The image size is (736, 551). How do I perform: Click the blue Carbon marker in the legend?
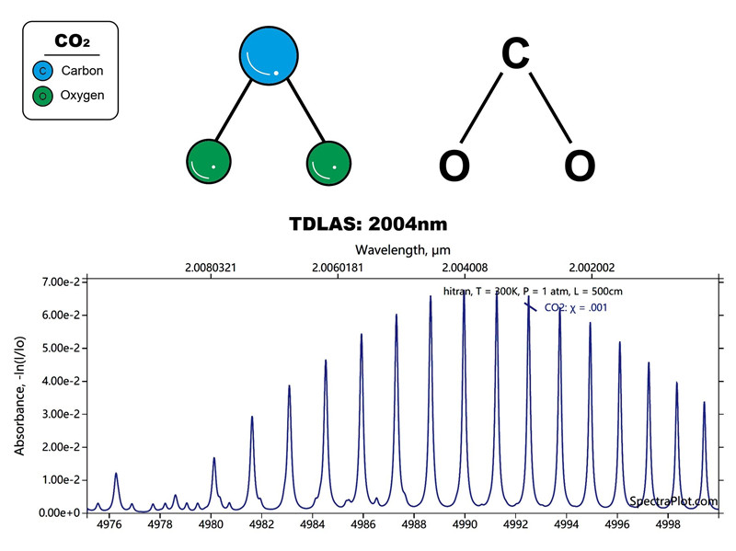[42, 71]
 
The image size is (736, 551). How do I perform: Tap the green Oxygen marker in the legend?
[42, 95]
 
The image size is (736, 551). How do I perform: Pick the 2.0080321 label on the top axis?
[211, 268]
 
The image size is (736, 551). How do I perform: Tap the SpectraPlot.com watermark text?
[679, 501]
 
